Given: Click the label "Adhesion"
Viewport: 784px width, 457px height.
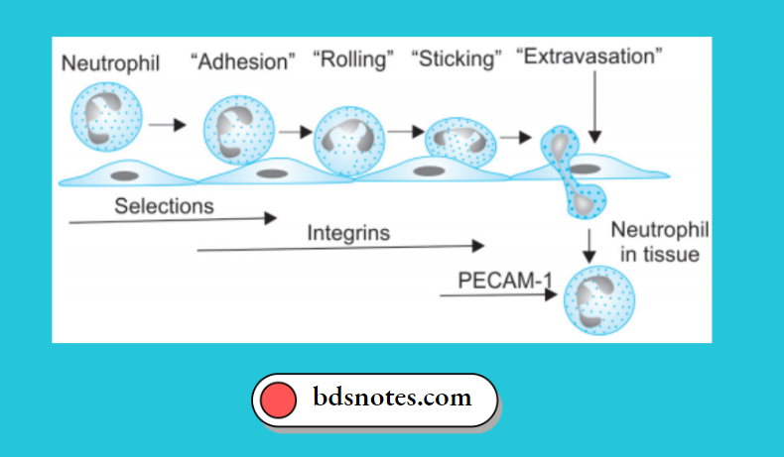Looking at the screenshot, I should [x=243, y=61].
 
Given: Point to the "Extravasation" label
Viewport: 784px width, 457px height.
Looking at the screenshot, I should [x=588, y=57].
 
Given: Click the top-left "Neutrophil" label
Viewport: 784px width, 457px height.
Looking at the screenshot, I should [x=111, y=62].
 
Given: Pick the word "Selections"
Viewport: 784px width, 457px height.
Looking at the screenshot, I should [x=164, y=206].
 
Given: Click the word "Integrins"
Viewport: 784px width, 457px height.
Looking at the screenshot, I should [x=348, y=234].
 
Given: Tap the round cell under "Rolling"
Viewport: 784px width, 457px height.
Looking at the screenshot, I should [x=348, y=142].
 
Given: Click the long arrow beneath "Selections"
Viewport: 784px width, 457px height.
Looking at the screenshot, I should [x=173, y=219].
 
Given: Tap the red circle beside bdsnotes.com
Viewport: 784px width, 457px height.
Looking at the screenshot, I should [x=279, y=400].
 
